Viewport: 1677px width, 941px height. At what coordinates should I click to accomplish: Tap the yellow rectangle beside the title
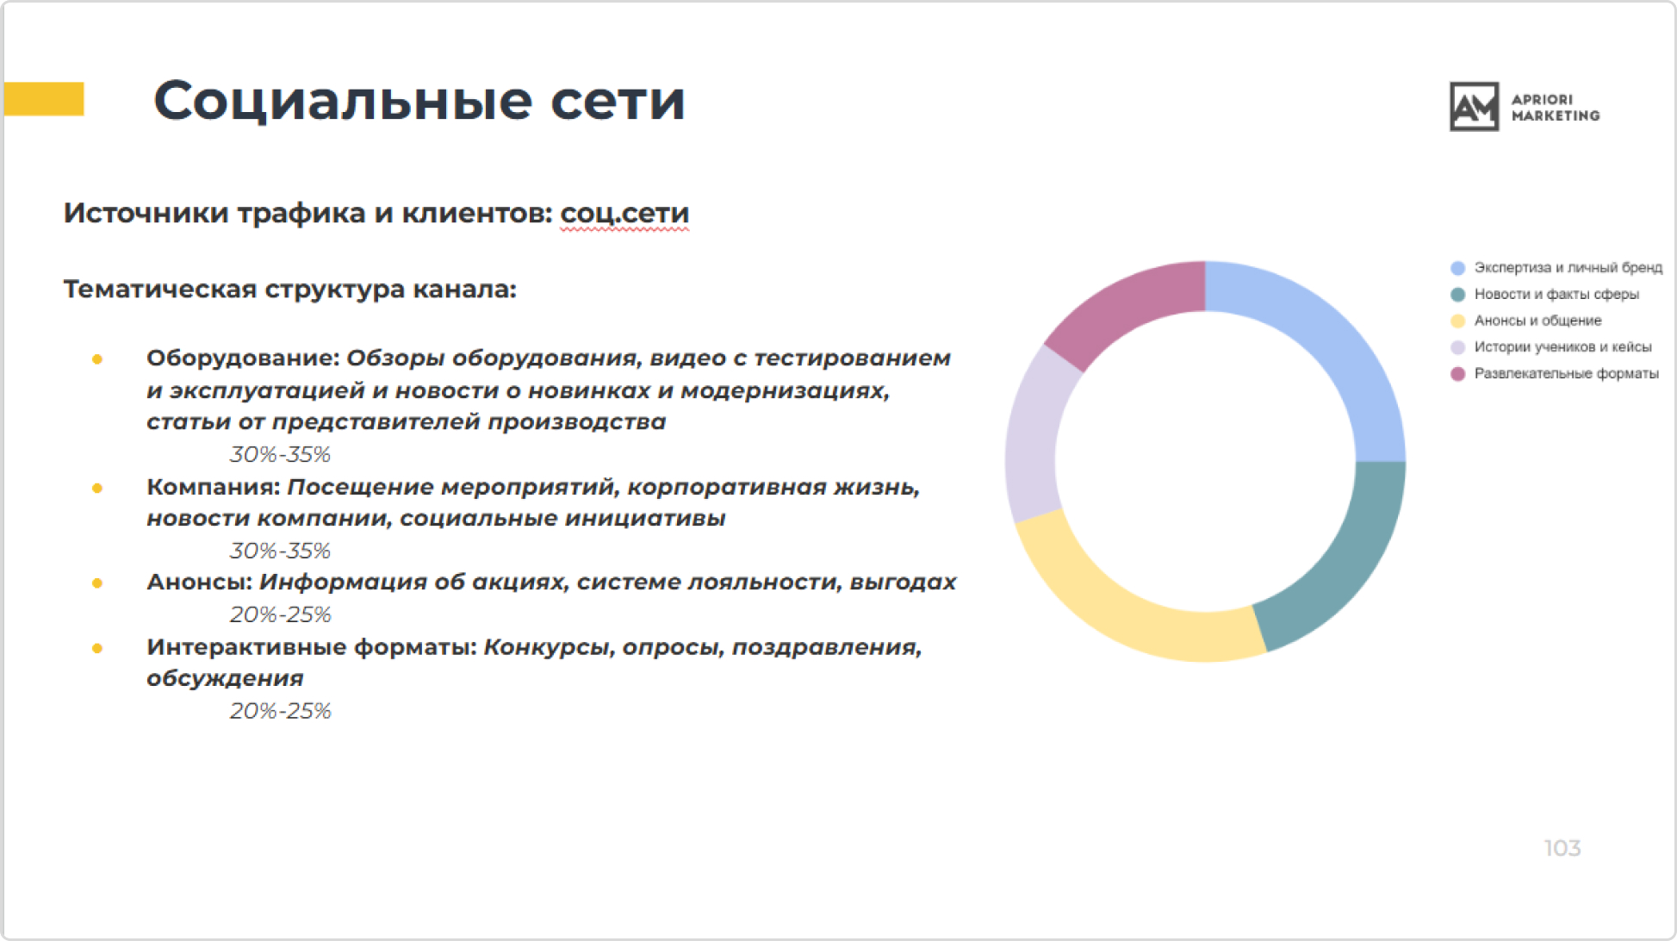(x=44, y=99)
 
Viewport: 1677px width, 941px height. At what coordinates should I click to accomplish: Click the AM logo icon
(x=1474, y=107)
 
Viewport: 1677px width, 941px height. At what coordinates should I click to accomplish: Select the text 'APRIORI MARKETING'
(x=1555, y=108)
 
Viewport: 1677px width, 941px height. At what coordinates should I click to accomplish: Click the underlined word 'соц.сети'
(x=624, y=213)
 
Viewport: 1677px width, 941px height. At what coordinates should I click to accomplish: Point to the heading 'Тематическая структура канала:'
(x=289, y=289)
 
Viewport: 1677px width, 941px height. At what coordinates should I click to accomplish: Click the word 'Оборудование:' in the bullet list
(x=243, y=358)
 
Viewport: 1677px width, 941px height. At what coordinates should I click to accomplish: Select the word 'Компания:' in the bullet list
(x=214, y=487)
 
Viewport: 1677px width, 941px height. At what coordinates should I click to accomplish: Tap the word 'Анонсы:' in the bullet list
(x=199, y=582)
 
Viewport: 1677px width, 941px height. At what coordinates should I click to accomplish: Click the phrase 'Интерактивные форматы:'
(x=312, y=646)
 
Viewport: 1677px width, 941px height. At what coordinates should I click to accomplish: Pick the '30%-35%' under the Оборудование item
(x=280, y=454)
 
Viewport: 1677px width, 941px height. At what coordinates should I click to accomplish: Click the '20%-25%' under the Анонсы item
(x=280, y=614)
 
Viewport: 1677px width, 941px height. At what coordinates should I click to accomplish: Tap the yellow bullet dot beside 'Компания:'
(x=97, y=488)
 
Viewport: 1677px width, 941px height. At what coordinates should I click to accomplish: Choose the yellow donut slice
(x=1120, y=603)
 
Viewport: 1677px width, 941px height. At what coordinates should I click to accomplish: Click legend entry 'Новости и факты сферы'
(x=1556, y=294)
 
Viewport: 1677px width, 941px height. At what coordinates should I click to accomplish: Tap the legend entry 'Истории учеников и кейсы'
(x=1562, y=347)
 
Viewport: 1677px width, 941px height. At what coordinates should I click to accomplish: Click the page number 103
(x=1562, y=849)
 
